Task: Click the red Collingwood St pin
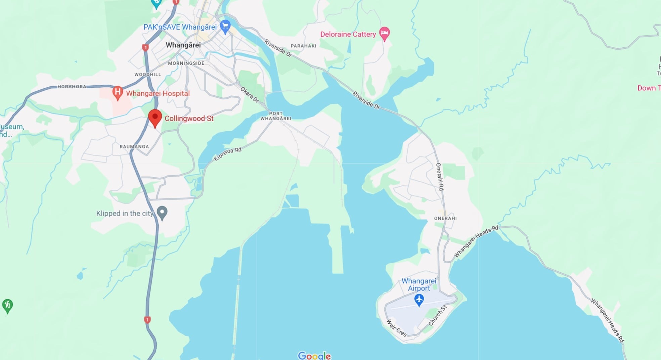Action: point(155,118)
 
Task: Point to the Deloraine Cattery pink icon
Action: point(385,34)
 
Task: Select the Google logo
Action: point(314,355)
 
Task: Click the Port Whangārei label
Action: point(276,116)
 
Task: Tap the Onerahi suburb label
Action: point(445,218)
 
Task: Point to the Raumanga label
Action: point(134,146)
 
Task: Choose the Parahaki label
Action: point(303,46)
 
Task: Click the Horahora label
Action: point(72,87)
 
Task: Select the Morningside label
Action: point(186,63)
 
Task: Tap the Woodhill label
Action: point(148,75)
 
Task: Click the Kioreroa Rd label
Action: point(228,154)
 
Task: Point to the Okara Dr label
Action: point(250,95)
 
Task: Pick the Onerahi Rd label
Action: point(440,177)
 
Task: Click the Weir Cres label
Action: point(396,328)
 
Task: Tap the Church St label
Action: point(438,316)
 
